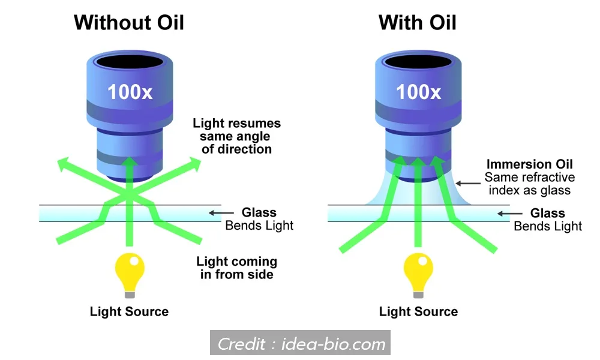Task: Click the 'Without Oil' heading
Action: (x=128, y=23)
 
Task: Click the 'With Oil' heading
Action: (x=418, y=23)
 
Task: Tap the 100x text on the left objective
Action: (x=128, y=92)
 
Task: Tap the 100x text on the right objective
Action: (x=418, y=92)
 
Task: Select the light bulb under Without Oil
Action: (x=128, y=274)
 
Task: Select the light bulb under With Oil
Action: (x=418, y=274)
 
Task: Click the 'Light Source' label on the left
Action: (x=129, y=311)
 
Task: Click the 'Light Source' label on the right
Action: (x=418, y=311)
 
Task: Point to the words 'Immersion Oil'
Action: (x=530, y=164)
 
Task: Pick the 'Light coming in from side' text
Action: (x=236, y=268)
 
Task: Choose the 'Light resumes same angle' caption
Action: (x=236, y=136)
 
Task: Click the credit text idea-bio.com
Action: (x=301, y=344)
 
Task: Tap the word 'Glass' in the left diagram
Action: (x=259, y=212)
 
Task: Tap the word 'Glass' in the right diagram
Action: (x=547, y=213)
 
